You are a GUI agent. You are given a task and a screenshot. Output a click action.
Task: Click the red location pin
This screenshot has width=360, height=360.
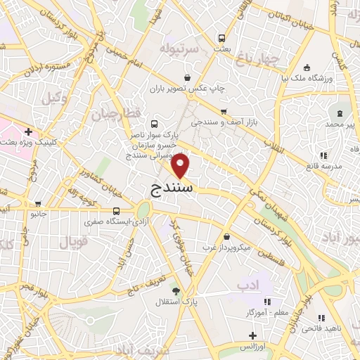[x=181, y=166]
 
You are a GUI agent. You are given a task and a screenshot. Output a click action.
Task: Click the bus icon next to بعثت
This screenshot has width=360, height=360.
[x=222, y=39]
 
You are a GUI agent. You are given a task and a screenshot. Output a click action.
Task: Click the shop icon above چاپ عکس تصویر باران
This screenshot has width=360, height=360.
[x=188, y=77]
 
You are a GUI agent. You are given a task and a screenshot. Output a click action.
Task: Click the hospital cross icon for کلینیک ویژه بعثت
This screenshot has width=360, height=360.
[x=28, y=131]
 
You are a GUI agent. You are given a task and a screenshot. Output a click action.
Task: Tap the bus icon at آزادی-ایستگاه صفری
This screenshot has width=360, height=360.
[x=116, y=211]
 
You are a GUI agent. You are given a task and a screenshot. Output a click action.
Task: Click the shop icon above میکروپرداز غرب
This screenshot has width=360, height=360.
[x=226, y=237]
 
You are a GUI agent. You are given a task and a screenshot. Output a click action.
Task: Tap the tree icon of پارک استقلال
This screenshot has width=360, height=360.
[x=175, y=290]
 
